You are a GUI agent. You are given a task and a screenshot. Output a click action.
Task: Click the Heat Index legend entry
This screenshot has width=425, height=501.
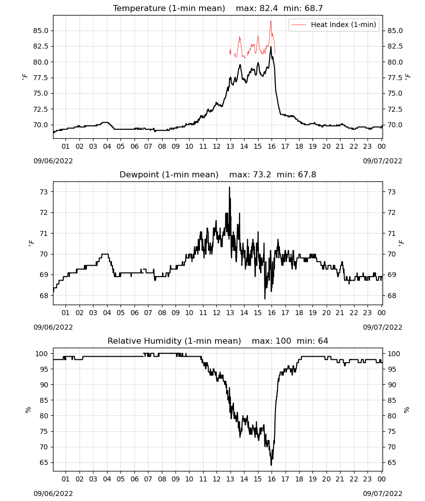[334, 25]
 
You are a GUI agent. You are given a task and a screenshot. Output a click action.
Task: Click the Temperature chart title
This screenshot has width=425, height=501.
[218, 8]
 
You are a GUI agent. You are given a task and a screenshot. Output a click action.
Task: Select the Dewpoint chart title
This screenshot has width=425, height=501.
[218, 174]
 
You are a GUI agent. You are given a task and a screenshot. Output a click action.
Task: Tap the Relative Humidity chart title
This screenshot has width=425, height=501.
[218, 341]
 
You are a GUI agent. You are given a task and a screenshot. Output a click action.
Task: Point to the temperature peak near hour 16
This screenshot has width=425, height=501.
[271, 47]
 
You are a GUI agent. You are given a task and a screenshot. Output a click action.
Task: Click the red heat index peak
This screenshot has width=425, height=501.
[270, 21]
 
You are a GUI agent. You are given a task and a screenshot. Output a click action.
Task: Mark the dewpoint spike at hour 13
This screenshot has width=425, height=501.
[229, 187]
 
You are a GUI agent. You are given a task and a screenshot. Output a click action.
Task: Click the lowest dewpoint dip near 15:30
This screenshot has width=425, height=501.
[265, 299]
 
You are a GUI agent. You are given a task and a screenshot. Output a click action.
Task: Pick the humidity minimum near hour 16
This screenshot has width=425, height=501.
[271, 465]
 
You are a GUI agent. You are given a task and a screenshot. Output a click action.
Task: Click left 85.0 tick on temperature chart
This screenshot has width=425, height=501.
[41, 31]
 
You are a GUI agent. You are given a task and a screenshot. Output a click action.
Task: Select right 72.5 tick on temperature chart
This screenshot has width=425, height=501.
[395, 109]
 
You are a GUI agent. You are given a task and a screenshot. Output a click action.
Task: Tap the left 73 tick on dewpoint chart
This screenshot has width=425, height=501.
[44, 192]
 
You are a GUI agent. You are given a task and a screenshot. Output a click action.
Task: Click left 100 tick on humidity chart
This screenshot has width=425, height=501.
[42, 354]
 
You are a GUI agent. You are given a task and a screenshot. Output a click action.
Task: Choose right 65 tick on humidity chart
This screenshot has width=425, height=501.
[392, 462]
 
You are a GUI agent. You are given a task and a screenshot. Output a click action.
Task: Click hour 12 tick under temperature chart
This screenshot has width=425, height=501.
[217, 146]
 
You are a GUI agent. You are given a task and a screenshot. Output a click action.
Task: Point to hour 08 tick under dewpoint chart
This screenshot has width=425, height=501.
[162, 313]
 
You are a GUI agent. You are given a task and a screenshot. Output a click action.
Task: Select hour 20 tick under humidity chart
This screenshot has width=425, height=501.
[326, 479]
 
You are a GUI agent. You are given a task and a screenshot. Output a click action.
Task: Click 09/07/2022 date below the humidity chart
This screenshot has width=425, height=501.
[382, 493]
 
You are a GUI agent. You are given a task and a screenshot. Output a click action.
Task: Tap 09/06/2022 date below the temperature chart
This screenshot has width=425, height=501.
[53, 161]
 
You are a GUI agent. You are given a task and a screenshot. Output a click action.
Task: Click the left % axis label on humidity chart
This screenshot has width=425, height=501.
[28, 410]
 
